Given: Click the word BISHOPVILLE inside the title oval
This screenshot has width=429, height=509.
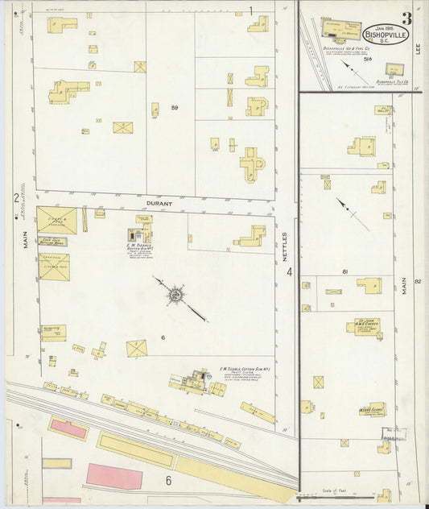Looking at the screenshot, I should pos(386,35).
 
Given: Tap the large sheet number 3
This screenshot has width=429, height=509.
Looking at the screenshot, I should pos(407,19).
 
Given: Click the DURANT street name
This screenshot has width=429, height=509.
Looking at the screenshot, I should pos(158,204).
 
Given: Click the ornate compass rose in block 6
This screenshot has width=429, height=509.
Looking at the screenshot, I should pos(175,296).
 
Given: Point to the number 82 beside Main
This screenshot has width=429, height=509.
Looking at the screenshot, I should pos(418,281).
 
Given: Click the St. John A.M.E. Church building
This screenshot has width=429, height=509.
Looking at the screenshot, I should pos(365,326).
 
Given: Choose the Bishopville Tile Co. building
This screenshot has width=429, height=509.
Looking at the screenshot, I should pos(394,70).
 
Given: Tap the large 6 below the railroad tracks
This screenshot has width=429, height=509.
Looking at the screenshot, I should pos(168,481).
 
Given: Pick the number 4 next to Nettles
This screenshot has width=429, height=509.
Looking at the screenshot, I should pos(288,272).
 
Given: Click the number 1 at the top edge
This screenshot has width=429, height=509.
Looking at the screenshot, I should pos(250,11).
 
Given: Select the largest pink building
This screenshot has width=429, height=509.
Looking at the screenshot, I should pos(113,476).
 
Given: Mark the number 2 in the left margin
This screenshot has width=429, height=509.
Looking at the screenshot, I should pos(15,197).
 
